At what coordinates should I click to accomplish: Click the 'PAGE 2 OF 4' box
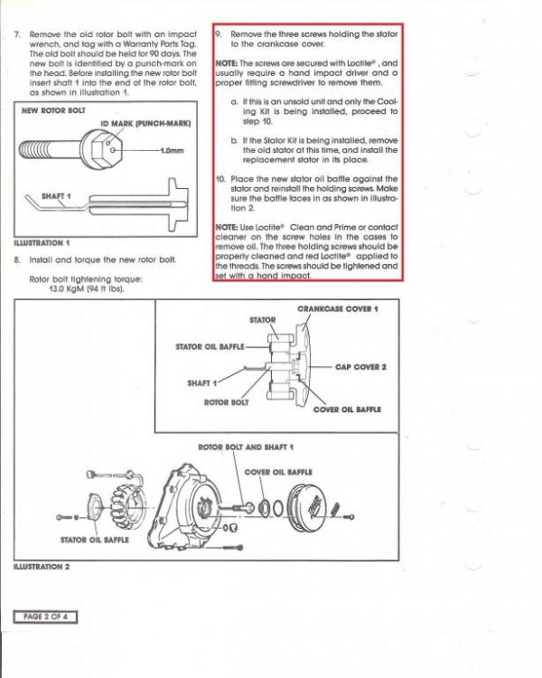point(46,617)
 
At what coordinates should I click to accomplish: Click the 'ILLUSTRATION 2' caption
point(43,566)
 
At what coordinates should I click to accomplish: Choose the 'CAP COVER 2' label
point(360,367)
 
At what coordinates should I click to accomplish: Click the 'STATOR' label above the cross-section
point(262,321)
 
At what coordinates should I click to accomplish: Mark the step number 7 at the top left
point(18,34)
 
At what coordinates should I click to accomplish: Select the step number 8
point(18,260)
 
